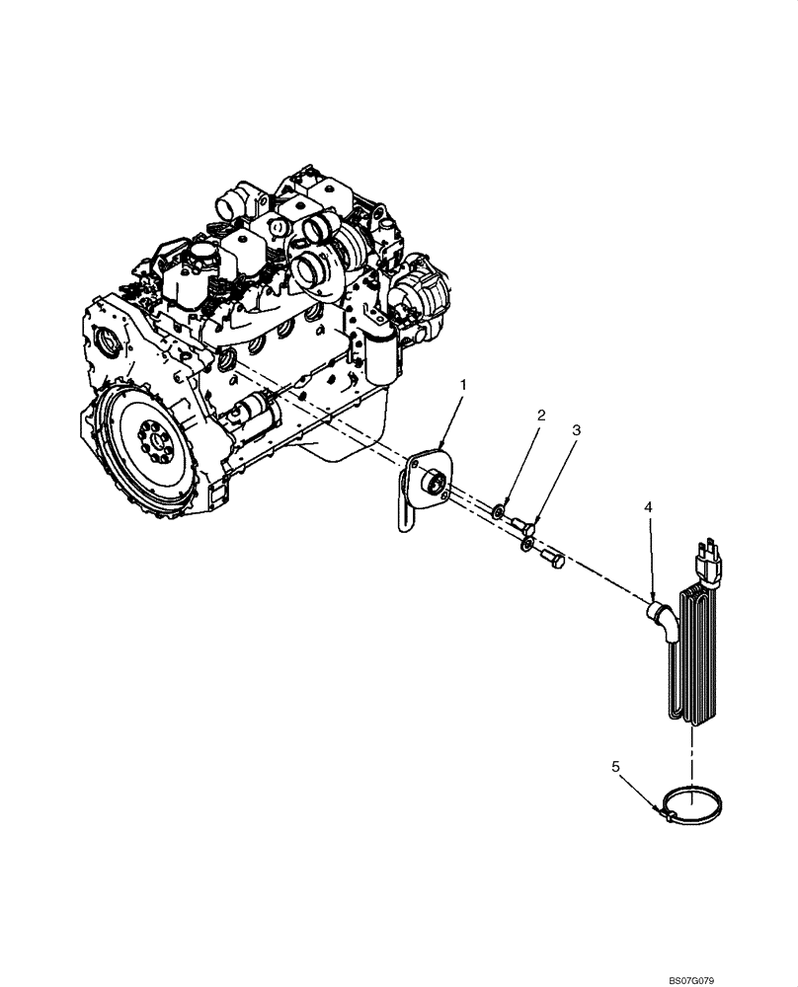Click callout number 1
coord(463,382)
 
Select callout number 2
coord(540,416)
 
